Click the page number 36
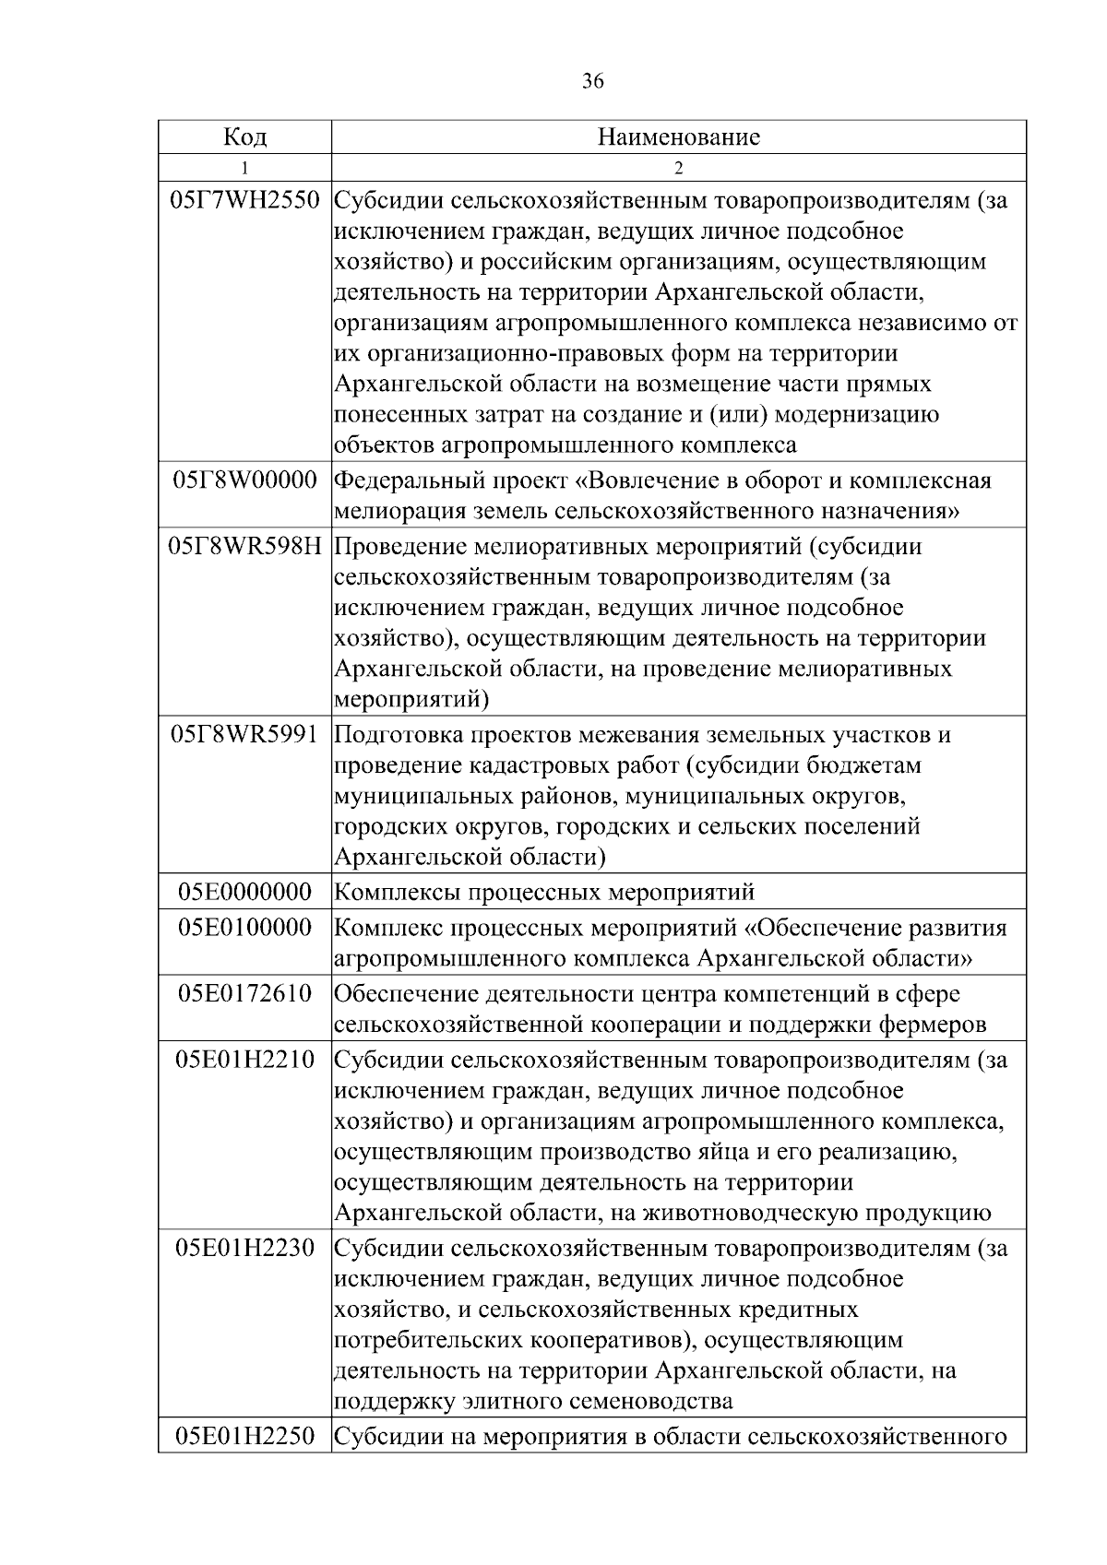(x=593, y=82)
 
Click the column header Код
(x=244, y=137)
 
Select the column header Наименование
(x=679, y=137)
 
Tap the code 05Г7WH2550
(x=244, y=200)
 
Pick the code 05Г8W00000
(x=244, y=480)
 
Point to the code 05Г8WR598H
(x=244, y=546)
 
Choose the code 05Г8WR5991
(x=244, y=735)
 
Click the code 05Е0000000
(x=244, y=892)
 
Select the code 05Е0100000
(x=244, y=928)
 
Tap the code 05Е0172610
(x=244, y=994)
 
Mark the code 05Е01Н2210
(x=244, y=1060)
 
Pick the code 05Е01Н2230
(x=244, y=1249)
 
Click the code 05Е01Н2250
(x=244, y=1437)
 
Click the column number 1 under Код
(x=244, y=168)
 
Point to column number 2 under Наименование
(x=679, y=168)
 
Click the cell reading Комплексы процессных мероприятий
(x=544, y=893)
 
